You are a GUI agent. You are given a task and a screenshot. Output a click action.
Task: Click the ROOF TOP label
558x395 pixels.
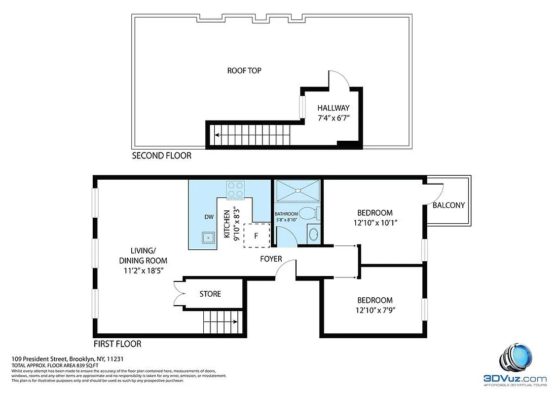click(244, 71)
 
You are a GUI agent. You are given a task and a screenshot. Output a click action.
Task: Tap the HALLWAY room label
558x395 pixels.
click(334, 108)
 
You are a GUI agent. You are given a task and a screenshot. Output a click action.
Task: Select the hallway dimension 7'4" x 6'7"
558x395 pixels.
click(334, 118)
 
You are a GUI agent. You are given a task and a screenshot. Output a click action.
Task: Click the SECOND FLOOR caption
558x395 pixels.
click(161, 156)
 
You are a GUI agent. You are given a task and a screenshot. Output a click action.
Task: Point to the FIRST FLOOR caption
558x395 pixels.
click(117, 344)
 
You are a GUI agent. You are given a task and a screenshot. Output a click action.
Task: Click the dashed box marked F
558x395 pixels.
click(256, 236)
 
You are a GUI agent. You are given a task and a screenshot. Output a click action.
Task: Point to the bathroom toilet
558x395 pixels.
click(309, 213)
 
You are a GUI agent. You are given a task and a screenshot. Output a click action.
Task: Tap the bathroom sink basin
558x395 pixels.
click(313, 234)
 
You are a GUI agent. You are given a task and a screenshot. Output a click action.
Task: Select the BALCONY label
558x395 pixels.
click(448, 205)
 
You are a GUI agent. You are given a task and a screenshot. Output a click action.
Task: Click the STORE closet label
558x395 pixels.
click(210, 294)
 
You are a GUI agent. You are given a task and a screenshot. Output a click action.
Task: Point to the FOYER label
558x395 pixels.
click(271, 259)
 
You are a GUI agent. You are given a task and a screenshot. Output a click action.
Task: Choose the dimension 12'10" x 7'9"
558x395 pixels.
click(375, 310)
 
